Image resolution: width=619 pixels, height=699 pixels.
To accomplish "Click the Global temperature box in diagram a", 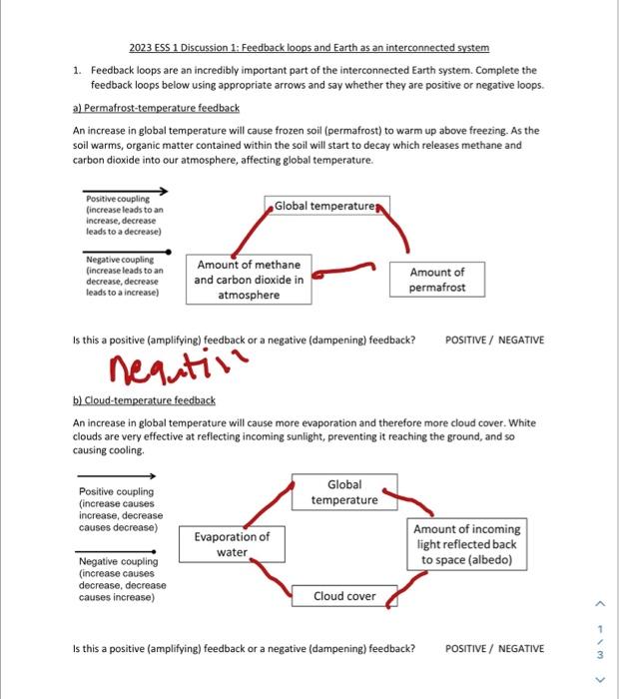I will [x=325, y=206].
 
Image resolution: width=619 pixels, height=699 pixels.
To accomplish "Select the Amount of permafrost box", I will [x=436, y=280].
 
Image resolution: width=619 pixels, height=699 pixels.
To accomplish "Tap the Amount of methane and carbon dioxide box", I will [x=249, y=280].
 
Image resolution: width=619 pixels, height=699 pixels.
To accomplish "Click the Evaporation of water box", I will [x=232, y=544].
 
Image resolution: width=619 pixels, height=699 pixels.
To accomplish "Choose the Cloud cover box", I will [x=344, y=596].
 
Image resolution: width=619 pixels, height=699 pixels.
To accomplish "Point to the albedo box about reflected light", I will [x=467, y=544].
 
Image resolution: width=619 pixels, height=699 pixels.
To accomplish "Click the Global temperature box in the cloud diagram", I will [x=344, y=492].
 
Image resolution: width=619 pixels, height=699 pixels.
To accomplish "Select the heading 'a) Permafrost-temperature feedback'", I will [x=156, y=108].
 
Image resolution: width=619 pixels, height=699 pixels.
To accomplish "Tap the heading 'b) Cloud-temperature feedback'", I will [x=144, y=400].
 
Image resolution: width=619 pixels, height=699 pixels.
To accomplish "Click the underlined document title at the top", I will [x=309, y=48].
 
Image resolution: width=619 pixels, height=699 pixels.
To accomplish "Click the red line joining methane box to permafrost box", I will [x=345, y=268].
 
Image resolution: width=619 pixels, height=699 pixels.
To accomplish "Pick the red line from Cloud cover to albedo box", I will [x=396, y=595].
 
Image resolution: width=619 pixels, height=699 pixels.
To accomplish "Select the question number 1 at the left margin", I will [x=77, y=71].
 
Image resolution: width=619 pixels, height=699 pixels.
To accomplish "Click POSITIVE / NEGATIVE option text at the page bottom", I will [x=495, y=648].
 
